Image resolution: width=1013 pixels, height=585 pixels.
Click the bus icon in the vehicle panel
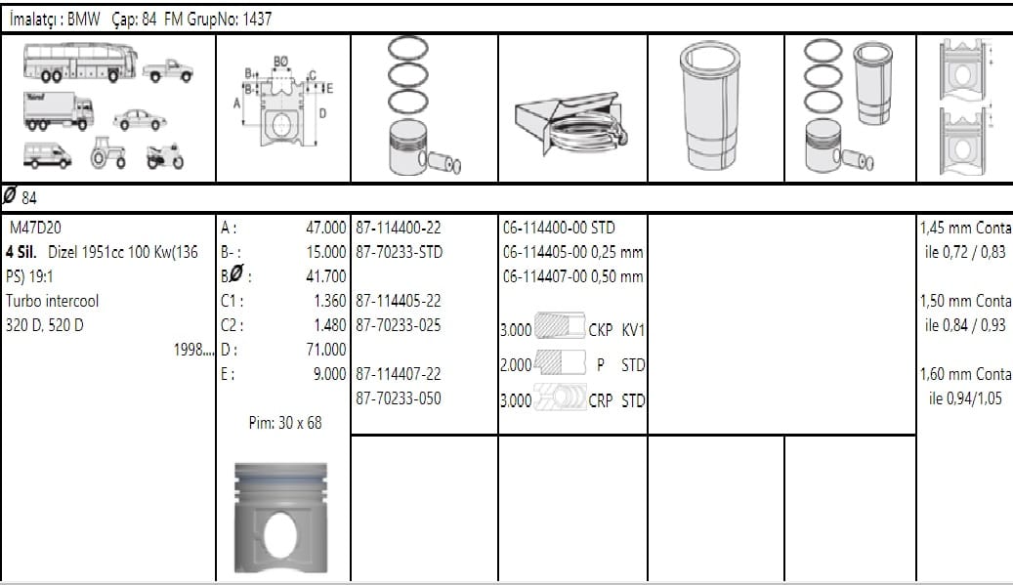(x=80, y=63)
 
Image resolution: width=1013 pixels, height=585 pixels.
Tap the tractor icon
(x=107, y=152)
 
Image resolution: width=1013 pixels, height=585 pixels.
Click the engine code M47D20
(x=35, y=228)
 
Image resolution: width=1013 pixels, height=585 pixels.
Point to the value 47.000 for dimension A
(x=326, y=228)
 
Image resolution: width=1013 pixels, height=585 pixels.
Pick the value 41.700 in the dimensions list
(x=326, y=276)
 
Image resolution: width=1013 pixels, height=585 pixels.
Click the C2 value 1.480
(x=330, y=325)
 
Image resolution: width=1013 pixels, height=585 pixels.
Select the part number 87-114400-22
(x=399, y=228)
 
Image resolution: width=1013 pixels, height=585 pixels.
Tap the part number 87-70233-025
(x=399, y=325)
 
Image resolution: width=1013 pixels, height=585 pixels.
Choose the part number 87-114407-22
(x=399, y=374)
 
